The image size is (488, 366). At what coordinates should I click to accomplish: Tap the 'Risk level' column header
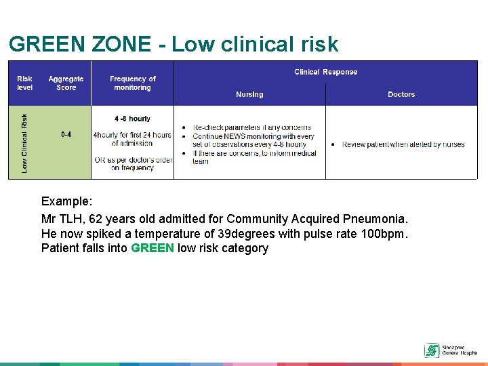[x=24, y=83]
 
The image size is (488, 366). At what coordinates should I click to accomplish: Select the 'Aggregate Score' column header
[x=66, y=83]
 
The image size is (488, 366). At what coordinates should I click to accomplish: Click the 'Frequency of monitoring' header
[x=132, y=83]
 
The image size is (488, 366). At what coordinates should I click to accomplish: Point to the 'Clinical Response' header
[x=325, y=72]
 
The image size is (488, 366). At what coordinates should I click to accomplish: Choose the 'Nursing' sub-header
[x=249, y=94]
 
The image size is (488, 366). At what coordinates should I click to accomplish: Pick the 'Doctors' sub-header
[x=401, y=94]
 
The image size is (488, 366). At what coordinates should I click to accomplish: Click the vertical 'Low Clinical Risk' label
[x=25, y=142]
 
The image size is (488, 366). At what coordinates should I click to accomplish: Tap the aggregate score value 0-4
[x=66, y=134]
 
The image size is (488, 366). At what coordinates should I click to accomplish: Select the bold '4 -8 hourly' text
[x=132, y=119]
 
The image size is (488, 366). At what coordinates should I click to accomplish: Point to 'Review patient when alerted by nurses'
[x=403, y=144]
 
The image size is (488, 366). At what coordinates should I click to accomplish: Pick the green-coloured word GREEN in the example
[x=152, y=248]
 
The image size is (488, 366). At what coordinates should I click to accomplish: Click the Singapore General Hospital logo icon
[x=432, y=350]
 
